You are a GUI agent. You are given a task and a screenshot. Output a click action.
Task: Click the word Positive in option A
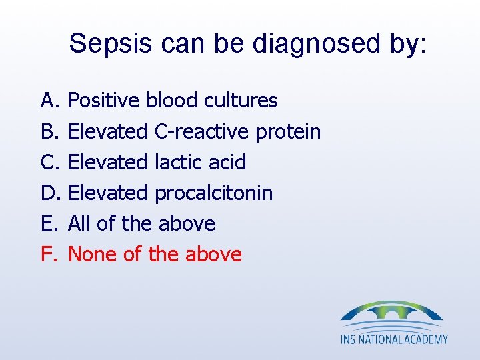tap(105, 101)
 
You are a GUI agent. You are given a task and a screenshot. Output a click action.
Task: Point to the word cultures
tap(241, 101)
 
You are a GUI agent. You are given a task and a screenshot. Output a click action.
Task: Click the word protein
tap(288, 131)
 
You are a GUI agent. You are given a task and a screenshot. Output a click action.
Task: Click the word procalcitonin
tap(213, 193)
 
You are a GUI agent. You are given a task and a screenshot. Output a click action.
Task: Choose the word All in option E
tap(79, 223)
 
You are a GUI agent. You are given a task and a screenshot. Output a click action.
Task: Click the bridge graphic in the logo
tap(391, 313)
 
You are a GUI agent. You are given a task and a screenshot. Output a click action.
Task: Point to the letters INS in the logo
tap(348, 339)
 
